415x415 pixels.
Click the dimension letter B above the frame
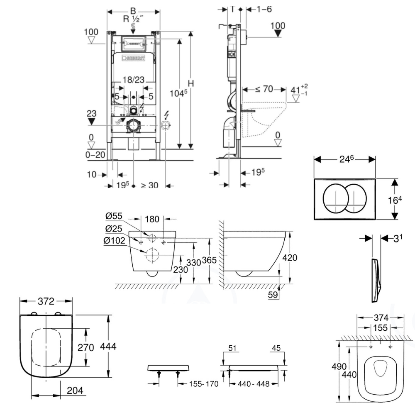[133, 9]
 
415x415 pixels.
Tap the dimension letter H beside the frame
[191, 83]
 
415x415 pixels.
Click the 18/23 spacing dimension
[133, 80]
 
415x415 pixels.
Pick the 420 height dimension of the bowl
[290, 258]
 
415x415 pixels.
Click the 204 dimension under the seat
[76, 391]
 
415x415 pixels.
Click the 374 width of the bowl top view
[380, 317]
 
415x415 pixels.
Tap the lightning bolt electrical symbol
[168, 114]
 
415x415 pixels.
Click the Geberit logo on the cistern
[135, 59]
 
